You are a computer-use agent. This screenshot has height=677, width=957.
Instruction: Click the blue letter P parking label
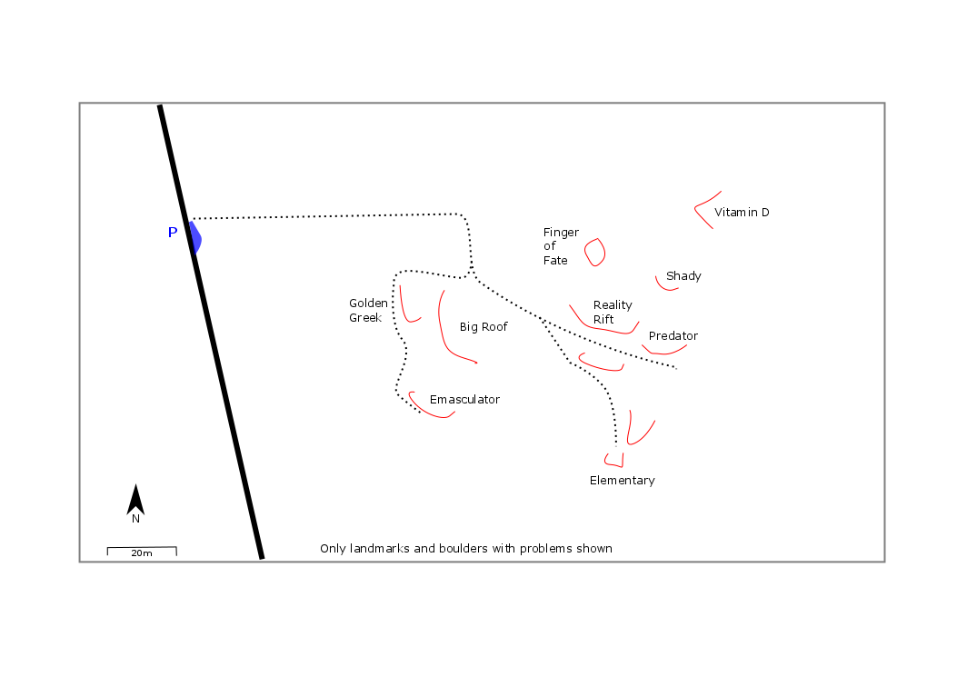coord(173,233)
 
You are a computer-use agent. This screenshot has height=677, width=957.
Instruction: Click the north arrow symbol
coord(135,500)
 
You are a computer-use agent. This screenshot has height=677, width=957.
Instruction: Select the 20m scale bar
coord(142,551)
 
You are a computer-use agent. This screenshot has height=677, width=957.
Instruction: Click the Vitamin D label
coord(742,213)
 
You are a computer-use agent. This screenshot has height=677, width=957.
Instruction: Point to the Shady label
coord(683,276)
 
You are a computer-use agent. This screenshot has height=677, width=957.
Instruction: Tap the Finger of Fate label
coord(561,246)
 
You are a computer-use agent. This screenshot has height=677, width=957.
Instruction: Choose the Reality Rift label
coord(612,312)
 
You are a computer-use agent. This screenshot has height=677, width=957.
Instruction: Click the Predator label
coord(673,336)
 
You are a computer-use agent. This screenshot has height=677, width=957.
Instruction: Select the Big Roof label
coord(483,327)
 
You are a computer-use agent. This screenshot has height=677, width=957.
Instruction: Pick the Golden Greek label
coord(367,310)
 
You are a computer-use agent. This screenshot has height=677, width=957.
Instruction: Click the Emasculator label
coord(464,400)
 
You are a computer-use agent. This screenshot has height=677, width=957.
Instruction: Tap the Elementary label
coord(622,481)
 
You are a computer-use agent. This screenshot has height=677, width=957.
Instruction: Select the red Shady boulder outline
coord(667,288)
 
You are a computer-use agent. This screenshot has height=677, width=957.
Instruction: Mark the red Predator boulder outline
coord(662,353)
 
